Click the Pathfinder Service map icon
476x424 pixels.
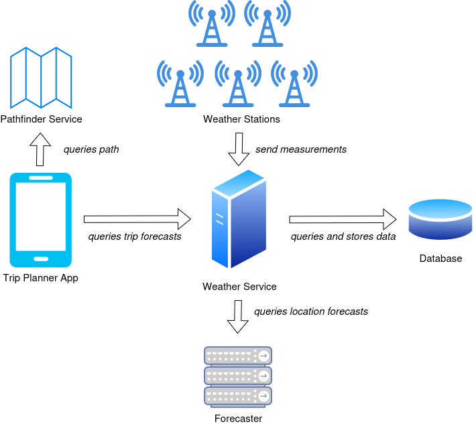pyautogui.click(x=41, y=78)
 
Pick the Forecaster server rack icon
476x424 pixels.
pyautogui.click(x=237, y=376)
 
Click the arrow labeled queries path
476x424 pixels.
pyautogui.click(x=42, y=149)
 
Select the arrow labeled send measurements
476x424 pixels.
pyautogui.click(x=238, y=149)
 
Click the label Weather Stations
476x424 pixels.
pyautogui.click(x=241, y=120)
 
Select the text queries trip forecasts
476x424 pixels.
pyautogui.click(x=135, y=236)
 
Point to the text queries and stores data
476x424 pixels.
pyautogui.click(x=343, y=236)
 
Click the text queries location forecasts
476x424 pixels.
pyautogui.click(x=310, y=311)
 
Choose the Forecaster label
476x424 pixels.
pyautogui.click(x=238, y=419)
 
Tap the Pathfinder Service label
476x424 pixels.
pyautogui.click(x=42, y=119)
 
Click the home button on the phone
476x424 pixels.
pyautogui.click(x=41, y=258)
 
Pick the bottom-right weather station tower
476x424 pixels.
pyautogui.click(x=294, y=84)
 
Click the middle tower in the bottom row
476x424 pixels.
pyautogui.click(x=237, y=84)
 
